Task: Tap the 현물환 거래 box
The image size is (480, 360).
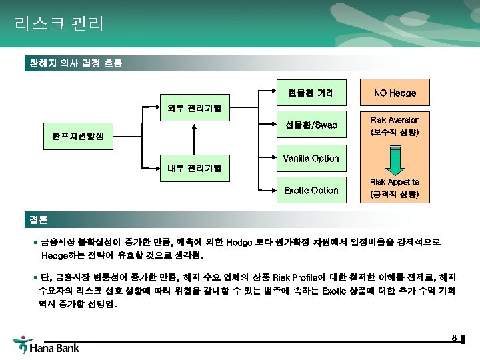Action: pyautogui.click(x=311, y=93)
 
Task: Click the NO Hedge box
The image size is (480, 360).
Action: pyautogui.click(x=395, y=93)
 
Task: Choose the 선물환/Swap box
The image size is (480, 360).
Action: pyautogui.click(x=311, y=125)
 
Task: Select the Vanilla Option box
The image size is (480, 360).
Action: pyautogui.click(x=311, y=158)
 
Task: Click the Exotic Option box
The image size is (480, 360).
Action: pyautogui.click(x=311, y=190)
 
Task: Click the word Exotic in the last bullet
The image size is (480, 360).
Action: pyautogui.click(x=335, y=291)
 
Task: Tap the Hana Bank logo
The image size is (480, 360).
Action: pyautogui.click(x=47, y=347)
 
